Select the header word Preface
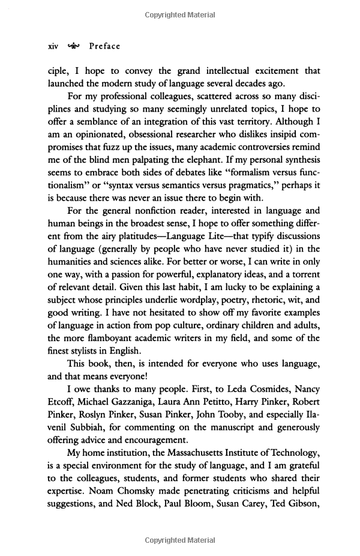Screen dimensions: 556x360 [x=104, y=46]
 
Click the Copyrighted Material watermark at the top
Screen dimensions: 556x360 [x=179, y=15]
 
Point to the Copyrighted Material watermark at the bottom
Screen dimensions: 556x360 [x=179, y=540]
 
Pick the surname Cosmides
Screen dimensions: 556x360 [x=233, y=389]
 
